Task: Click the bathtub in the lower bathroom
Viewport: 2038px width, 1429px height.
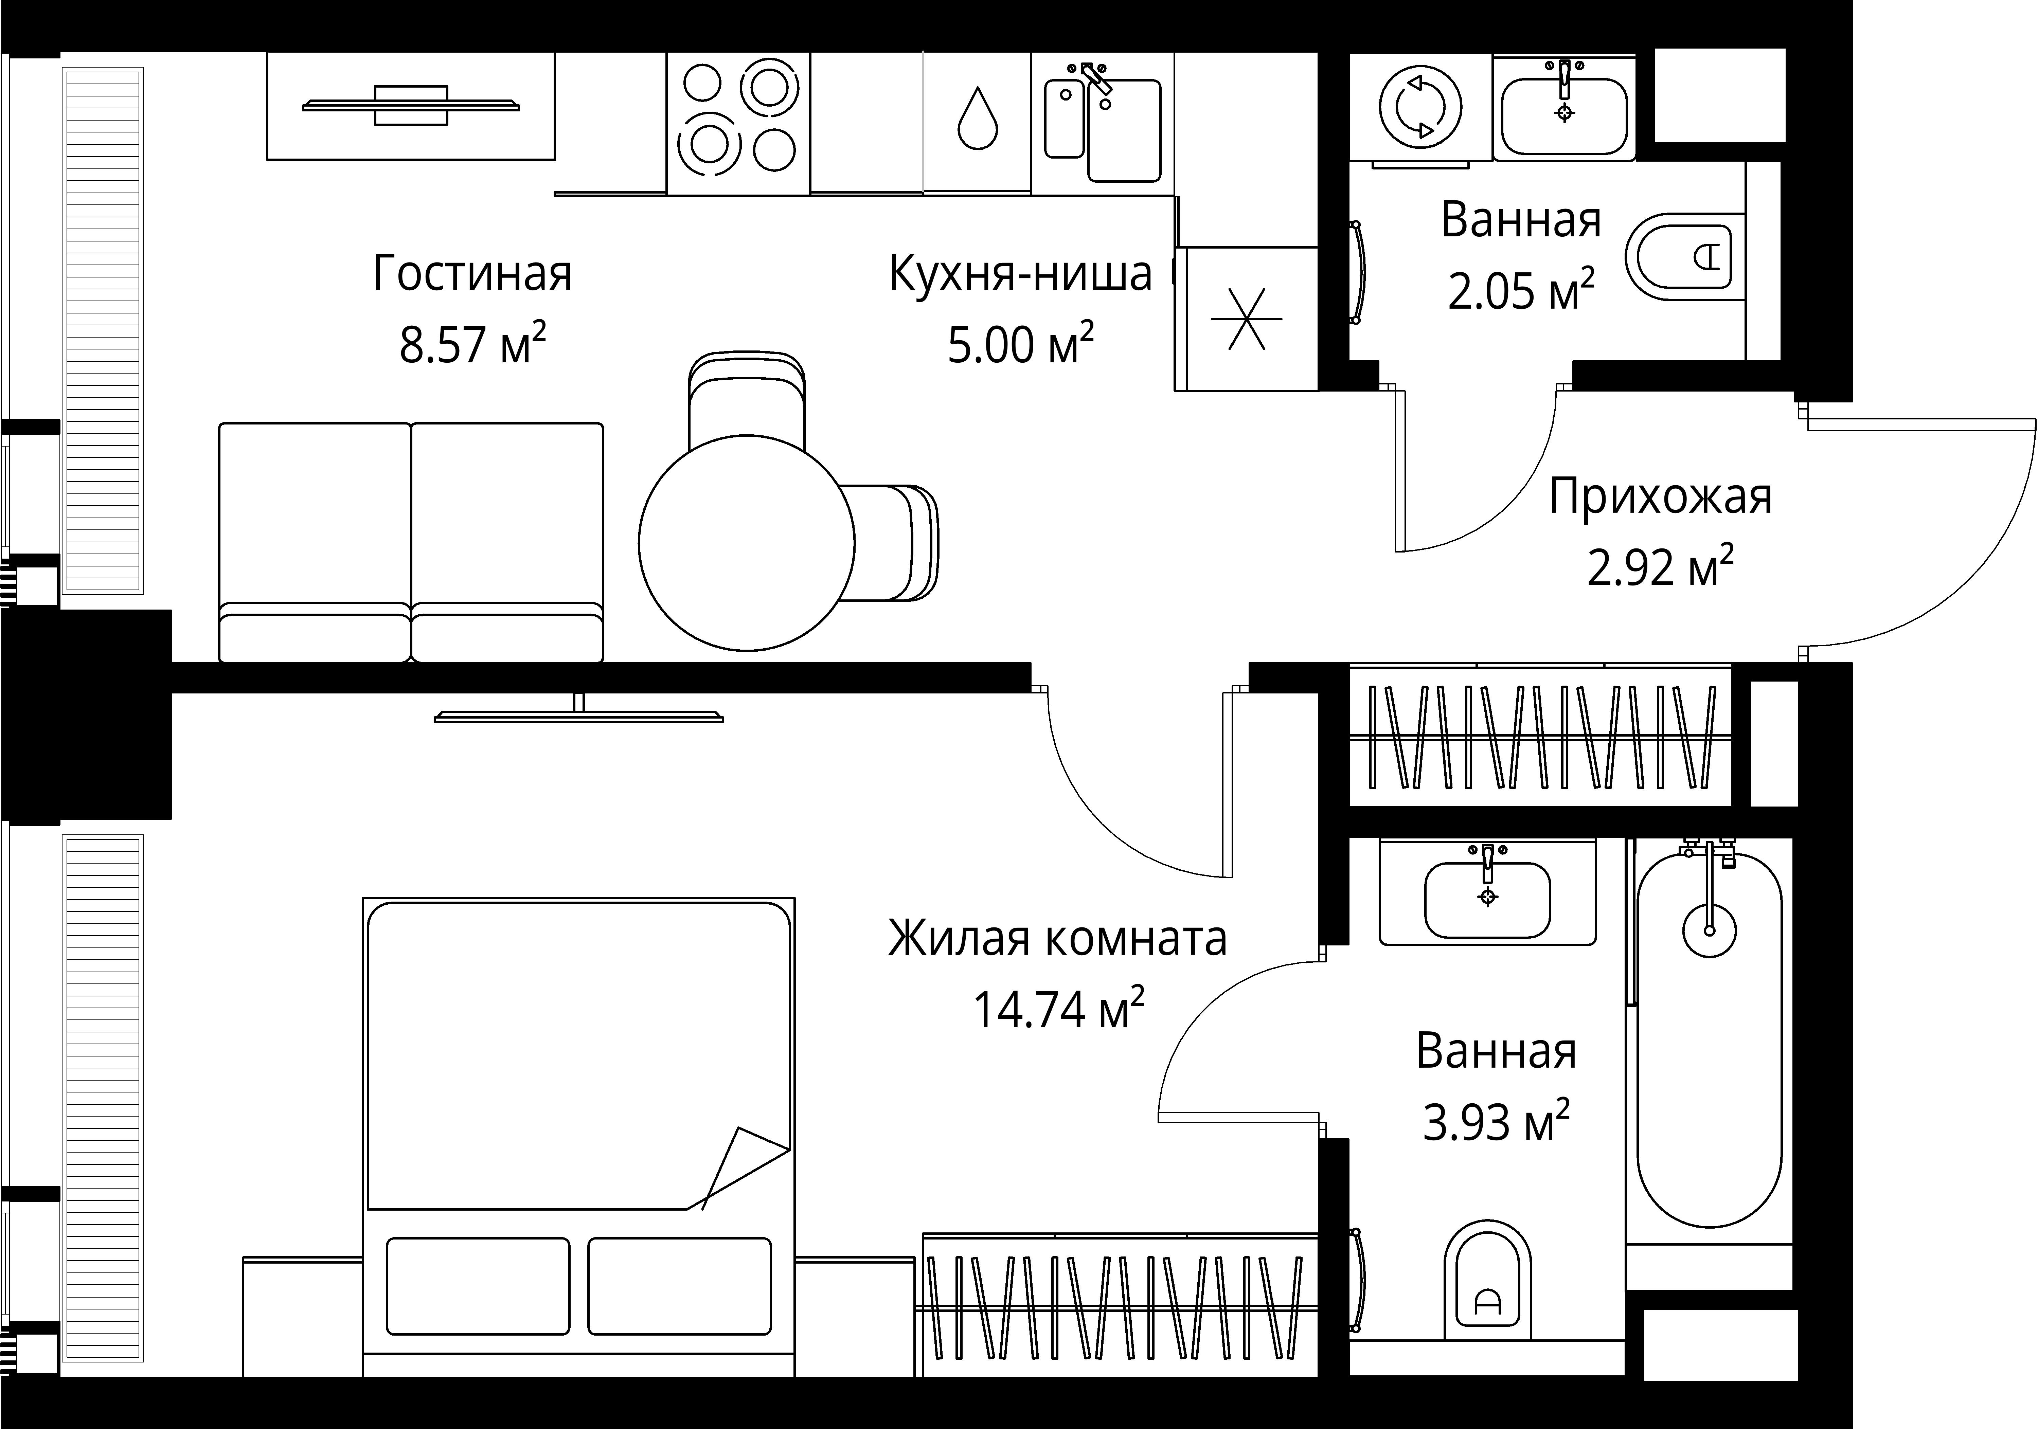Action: pos(1709,1038)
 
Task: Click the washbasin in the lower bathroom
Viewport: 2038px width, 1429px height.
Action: pos(1488,898)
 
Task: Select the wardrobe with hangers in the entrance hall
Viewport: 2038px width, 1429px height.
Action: pos(1540,737)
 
